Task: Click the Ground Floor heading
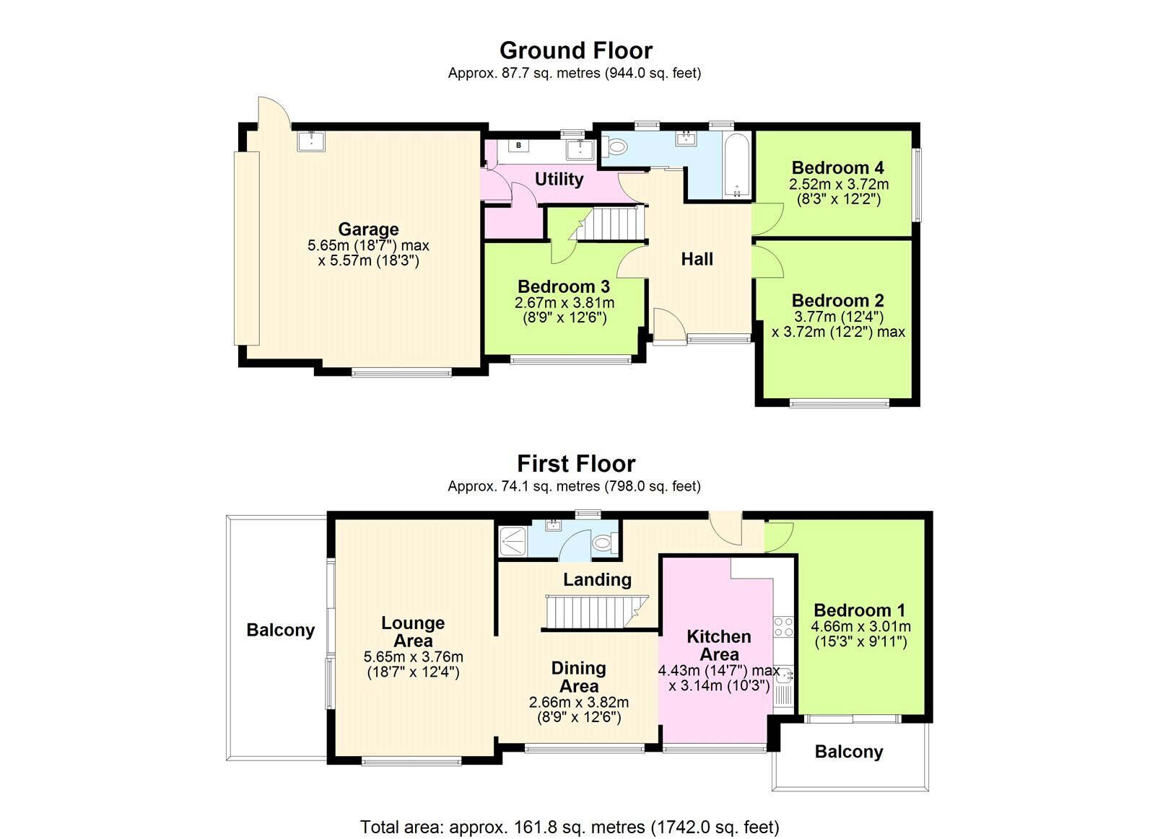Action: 576,50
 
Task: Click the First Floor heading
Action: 576,464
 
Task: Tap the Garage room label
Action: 368,229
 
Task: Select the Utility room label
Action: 559,180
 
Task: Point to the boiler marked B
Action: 519,145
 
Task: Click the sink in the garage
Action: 311,141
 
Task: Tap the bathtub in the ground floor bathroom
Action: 736,166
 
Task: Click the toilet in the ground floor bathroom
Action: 614,146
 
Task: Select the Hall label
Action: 697,259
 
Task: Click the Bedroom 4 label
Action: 838,167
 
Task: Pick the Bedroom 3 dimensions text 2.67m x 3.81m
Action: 565,302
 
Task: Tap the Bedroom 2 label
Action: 838,300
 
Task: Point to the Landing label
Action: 597,580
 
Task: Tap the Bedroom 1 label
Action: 860,610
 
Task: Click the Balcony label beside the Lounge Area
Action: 281,630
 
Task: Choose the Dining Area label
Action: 578,677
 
